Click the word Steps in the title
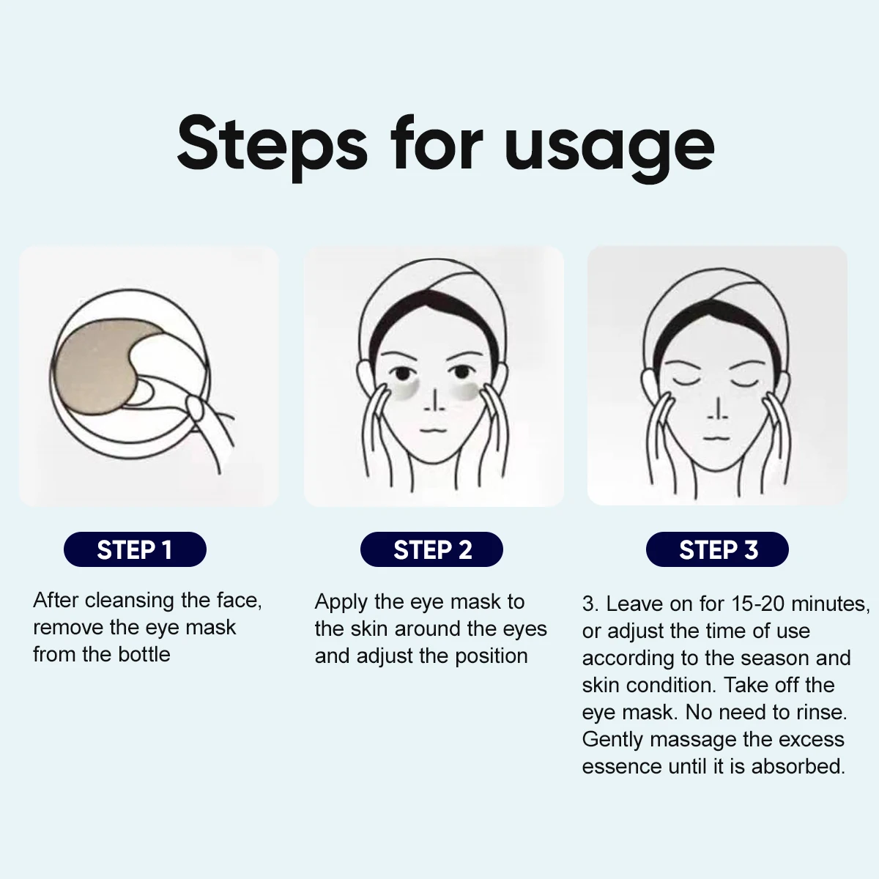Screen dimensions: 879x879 point(272,146)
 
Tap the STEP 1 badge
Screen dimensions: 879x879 point(135,549)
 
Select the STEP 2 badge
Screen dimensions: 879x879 point(431,549)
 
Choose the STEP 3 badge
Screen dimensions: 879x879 point(717,549)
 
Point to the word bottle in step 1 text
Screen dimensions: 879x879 point(144,654)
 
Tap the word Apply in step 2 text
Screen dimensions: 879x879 point(341,603)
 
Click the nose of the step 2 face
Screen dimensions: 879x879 point(434,400)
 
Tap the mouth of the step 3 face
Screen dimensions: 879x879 point(716,438)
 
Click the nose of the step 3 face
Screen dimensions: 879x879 point(718,409)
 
